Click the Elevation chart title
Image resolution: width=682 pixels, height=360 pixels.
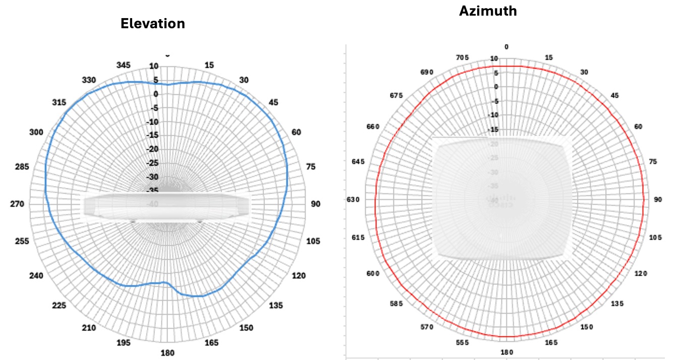pos(152,23)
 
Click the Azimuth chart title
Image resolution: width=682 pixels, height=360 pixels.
pos(488,11)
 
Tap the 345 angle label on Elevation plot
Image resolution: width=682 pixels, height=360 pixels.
pos(124,65)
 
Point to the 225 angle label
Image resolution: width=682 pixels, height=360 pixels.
pos(59,306)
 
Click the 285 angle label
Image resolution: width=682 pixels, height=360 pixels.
pos(22,167)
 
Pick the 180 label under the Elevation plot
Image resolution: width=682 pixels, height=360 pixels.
pos(167,352)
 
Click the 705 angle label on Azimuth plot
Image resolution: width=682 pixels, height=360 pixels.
pos(462,57)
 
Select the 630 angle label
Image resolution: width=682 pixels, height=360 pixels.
pos(353,200)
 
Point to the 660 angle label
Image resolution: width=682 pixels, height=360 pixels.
pos(373,127)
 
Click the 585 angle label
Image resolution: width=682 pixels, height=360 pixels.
pos(397,304)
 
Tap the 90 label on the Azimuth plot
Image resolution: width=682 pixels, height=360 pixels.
pos(658,200)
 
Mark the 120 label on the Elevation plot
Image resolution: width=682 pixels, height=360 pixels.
pos(299,276)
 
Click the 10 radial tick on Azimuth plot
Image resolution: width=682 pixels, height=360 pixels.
pos(494,59)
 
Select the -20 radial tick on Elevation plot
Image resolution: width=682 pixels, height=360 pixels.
pos(153,149)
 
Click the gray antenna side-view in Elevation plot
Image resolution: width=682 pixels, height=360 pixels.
pos(167,207)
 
